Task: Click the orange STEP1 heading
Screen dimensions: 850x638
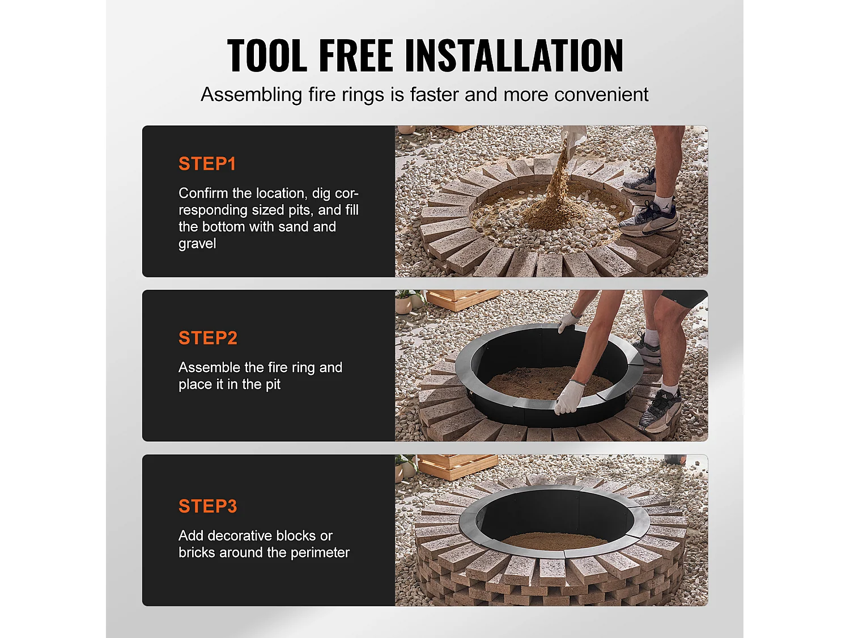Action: point(207,163)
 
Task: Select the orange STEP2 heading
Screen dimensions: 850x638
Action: point(208,338)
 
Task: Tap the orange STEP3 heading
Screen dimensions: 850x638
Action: point(208,506)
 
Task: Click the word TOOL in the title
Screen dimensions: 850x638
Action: point(267,56)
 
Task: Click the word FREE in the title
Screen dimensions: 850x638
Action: point(356,56)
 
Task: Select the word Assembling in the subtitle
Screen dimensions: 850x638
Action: point(252,95)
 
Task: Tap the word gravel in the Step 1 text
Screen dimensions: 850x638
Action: point(197,244)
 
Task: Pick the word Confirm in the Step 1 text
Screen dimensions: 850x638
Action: point(203,193)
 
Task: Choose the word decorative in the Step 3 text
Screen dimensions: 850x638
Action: point(242,536)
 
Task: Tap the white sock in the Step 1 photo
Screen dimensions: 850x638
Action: point(662,201)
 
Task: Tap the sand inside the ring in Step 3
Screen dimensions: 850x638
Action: point(555,540)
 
